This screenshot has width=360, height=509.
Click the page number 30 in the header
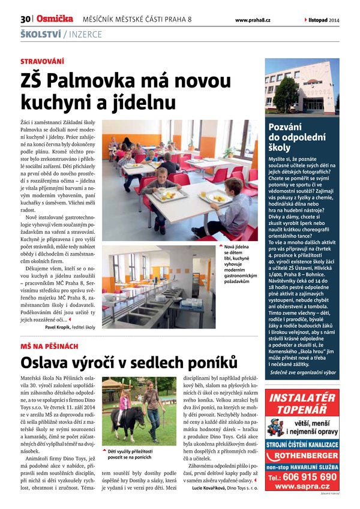pyautogui.click(x=25, y=19)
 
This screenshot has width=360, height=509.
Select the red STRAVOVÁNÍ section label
pyautogui.click(x=42, y=61)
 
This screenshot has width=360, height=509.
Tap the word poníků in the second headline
pyautogui.click(x=208, y=363)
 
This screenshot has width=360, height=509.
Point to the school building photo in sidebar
pyautogui.click(x=302, y=87)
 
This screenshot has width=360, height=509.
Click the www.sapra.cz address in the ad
pyautogui.click(x=303, y=487)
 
